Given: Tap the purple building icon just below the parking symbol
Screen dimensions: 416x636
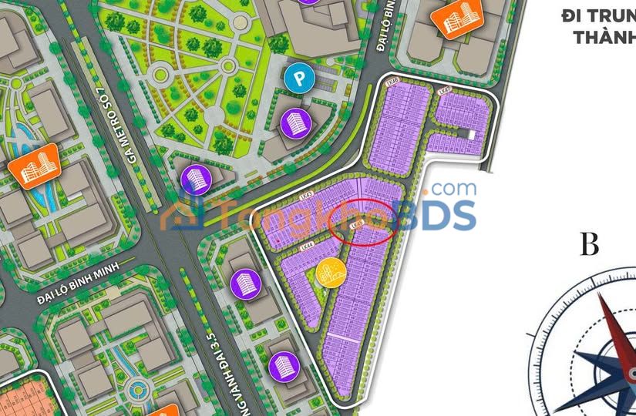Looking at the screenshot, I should [x=294, y=122].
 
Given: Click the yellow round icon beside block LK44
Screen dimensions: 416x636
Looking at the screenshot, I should [x=329, y=273].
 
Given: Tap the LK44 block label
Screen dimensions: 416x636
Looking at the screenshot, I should [x=307, y=247].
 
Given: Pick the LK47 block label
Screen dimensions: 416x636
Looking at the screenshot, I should [x=443, y=92].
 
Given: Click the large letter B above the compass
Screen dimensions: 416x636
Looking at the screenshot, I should [x=590, y=245].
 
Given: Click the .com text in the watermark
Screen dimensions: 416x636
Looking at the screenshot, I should [x=453, y=188].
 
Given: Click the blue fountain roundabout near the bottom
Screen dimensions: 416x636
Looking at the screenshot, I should [x=139, y=387].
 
